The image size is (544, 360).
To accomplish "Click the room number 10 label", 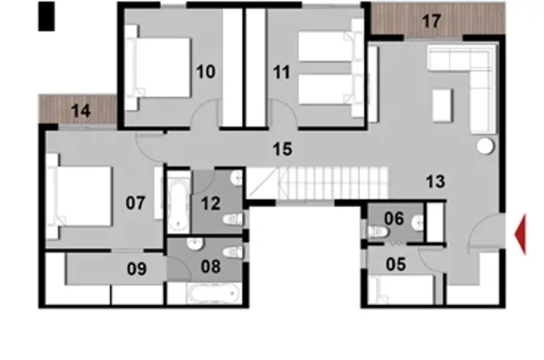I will (205, 73).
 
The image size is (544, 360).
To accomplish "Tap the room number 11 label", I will (281, 73).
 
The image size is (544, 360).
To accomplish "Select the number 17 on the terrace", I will (431, 21).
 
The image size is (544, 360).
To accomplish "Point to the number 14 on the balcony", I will (80, 110).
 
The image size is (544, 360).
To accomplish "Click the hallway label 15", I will (282, 149).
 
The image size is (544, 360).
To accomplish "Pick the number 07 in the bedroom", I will (135, 203).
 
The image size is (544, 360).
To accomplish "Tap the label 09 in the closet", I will (137, 269).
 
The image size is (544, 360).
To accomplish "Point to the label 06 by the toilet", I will (394, 218).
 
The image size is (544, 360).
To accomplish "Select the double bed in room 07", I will (83, 196).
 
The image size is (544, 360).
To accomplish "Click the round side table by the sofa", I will (485, 146).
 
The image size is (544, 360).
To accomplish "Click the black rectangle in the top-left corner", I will (46, 16).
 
